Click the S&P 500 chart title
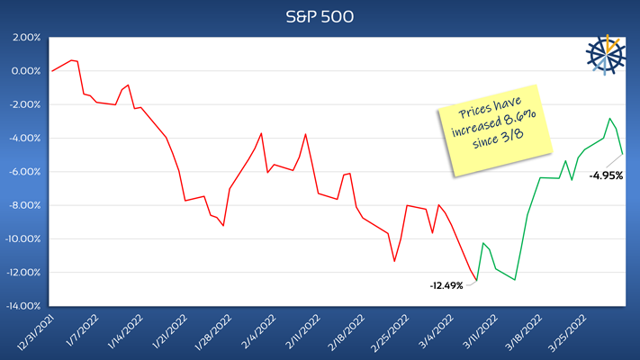click(320, 17)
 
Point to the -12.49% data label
click(446, 285)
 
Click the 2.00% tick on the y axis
click(24, 38)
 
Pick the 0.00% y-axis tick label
click(24, 71)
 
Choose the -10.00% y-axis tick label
click(22, 238)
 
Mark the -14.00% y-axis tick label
click(22, 306)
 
